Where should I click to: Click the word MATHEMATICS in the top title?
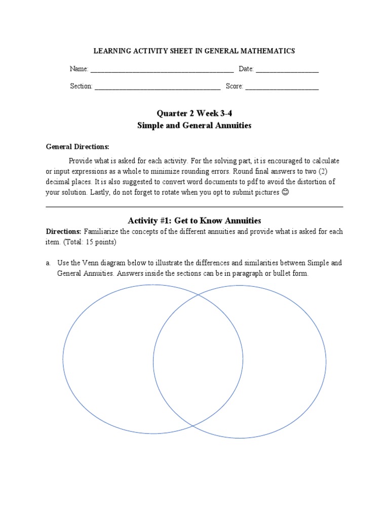[267, 51]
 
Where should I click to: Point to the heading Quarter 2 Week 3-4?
[194, 113]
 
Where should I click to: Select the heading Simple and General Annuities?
[194, 125]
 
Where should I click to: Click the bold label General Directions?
[77, 147]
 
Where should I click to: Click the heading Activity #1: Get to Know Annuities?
[194, 221]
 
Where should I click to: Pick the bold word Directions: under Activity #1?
[63, 232]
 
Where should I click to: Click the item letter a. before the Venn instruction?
[48, 263]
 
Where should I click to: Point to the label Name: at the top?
[79, 69]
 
